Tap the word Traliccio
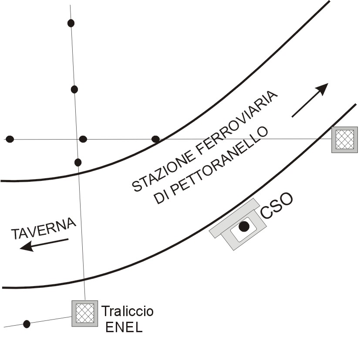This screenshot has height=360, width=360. (127, 311)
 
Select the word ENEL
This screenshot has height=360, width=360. (124, 327)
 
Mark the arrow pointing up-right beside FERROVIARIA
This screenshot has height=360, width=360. (310, 100)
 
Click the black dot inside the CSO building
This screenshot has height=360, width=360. (244, 226)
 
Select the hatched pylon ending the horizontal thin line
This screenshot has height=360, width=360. (344, 140)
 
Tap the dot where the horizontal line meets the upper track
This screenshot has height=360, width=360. (155, 139)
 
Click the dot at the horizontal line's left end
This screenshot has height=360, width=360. (10, 139)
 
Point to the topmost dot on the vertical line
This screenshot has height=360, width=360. (71, 23)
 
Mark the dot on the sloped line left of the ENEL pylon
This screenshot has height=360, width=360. (27, 323)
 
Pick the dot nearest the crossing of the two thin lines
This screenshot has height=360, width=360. (83, 139)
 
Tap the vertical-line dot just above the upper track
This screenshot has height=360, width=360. (78, 162)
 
